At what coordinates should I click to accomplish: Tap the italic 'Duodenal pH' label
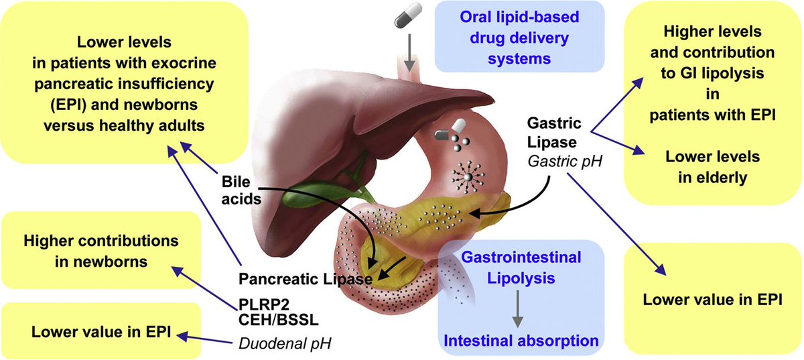pyautogui.click(x=285, y=344)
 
